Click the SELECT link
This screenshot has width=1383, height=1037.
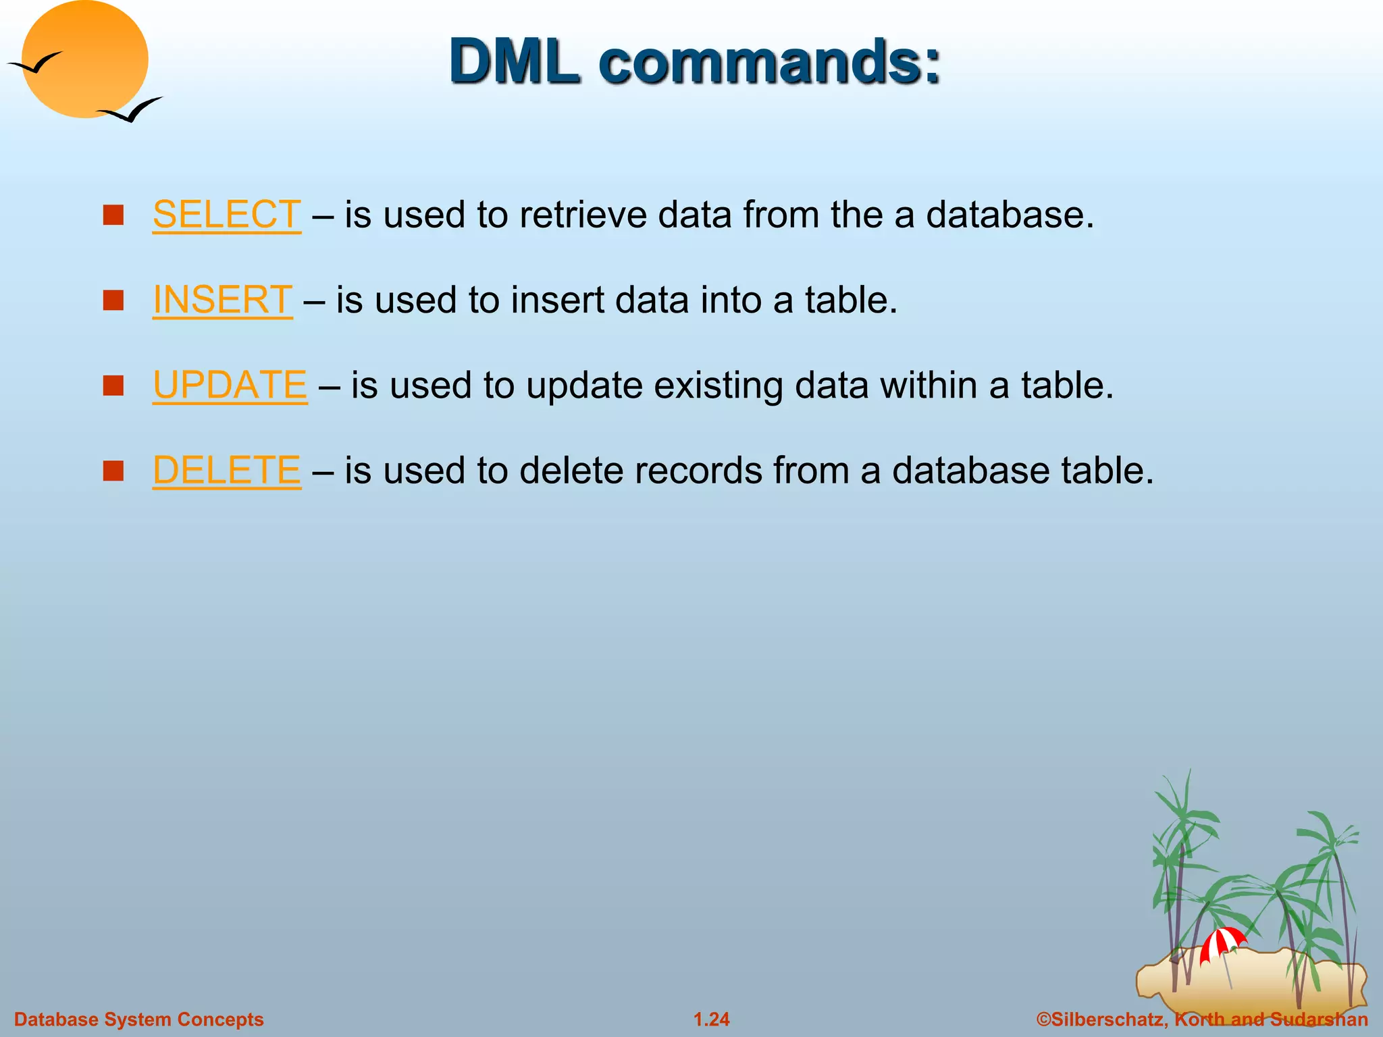tap(226, 215)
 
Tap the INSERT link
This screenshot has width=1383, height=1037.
tap(222, 300)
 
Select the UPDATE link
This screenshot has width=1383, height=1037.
tap(230, 385)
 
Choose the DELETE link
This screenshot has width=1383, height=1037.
tap(226, 470)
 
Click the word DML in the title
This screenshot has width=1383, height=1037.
tap(515, 61)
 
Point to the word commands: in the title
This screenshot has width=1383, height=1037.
tap(769, 61)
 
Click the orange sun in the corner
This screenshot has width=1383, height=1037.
tap(85, 59)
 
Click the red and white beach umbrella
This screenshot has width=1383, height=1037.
tap(1222, 941)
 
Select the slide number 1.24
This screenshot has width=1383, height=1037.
tap(712, 1019)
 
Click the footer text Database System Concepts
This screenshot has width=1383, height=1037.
tap(139, 1019)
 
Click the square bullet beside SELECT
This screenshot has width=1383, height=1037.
tap(113, 215)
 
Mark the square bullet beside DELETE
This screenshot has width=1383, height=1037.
tap(113, 471)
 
